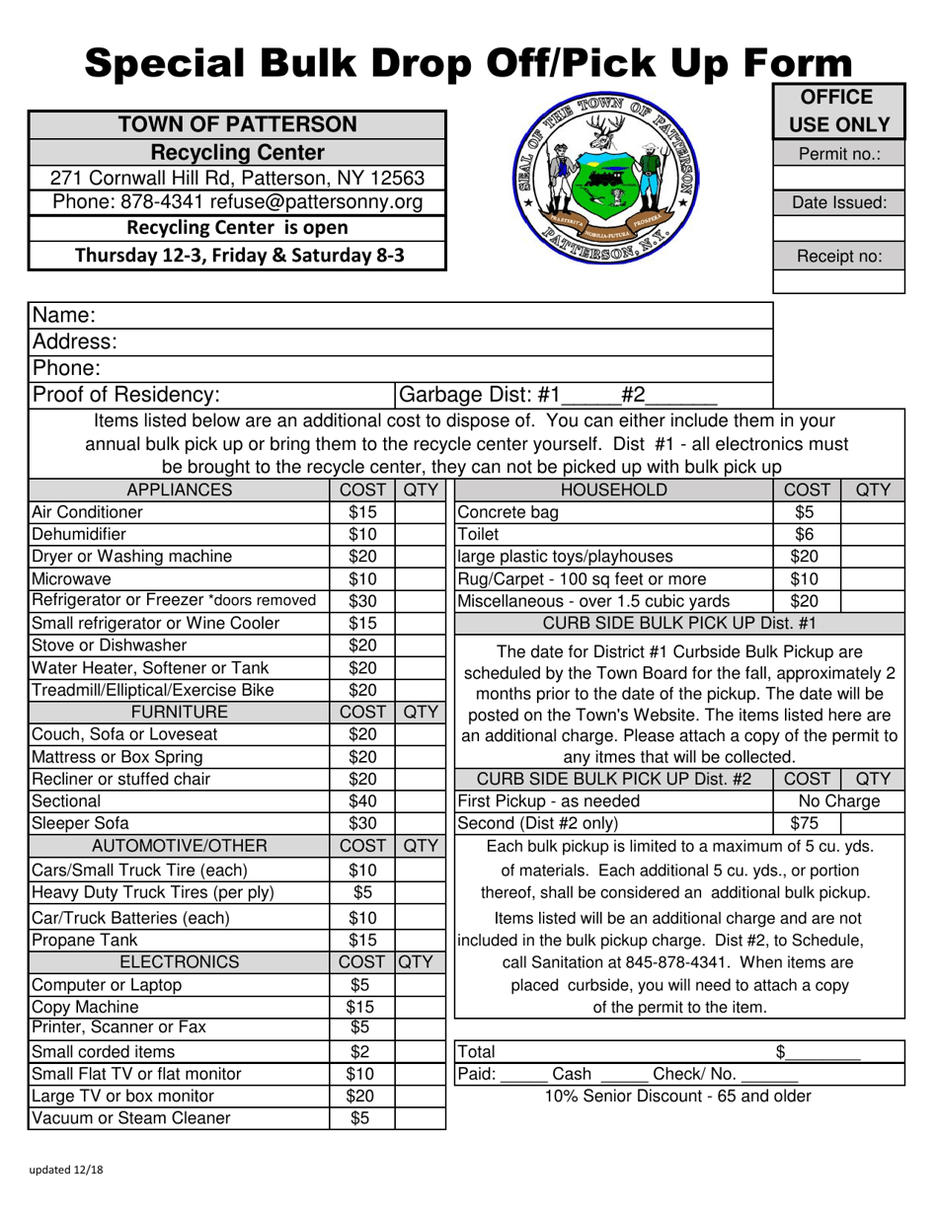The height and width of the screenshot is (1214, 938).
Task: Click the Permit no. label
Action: (x=838, y=154)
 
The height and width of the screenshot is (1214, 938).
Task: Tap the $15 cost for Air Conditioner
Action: (x=361, y=512)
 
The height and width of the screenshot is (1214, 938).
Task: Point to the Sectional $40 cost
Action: (x=361, y=800)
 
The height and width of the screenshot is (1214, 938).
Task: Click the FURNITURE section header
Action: (x=179, y=712)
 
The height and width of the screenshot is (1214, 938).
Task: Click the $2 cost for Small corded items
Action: (x=361, y=1052)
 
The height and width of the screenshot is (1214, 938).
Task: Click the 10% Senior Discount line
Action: (x=679, y=1096)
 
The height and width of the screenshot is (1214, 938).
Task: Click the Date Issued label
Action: (x=838, y=203)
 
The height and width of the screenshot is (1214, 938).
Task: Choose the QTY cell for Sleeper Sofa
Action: (x=421, y=822)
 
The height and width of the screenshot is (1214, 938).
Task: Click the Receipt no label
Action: (x=838, y=257)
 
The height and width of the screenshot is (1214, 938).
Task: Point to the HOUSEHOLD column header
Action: (x=612, y=491)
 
